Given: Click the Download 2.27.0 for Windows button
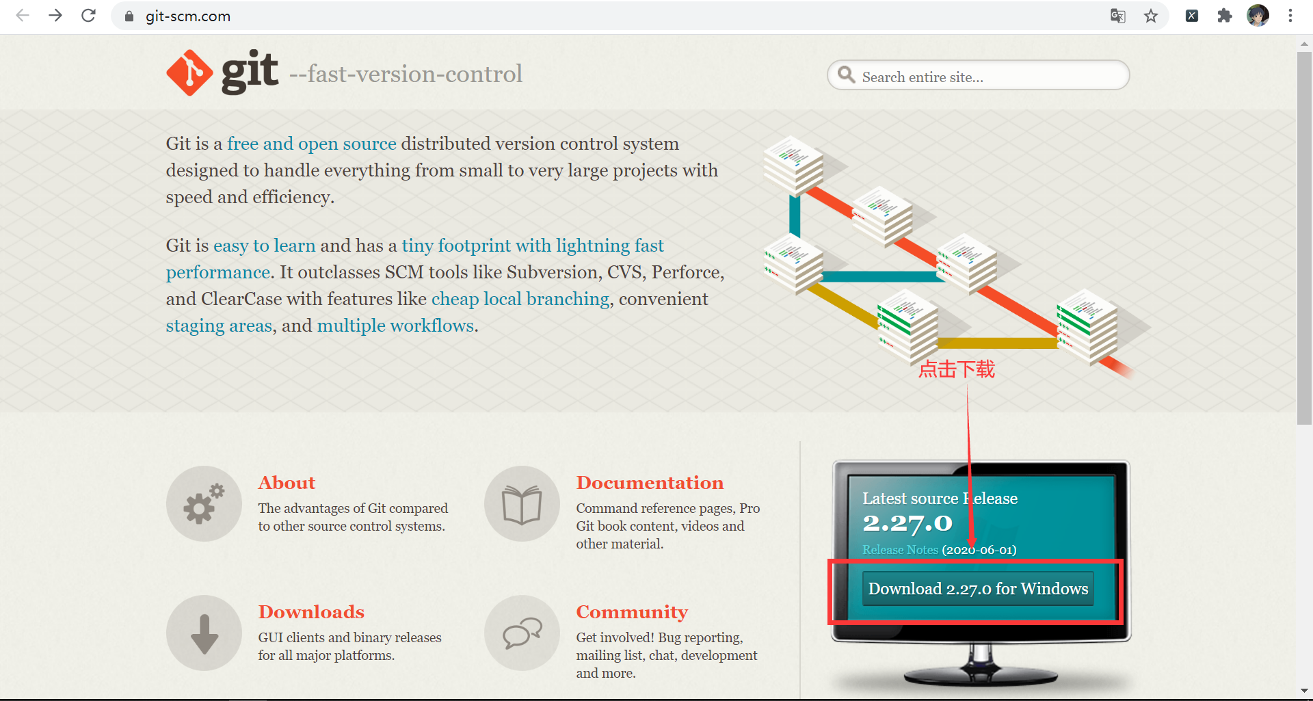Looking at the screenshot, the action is pyautogui.click(x=978, y=589).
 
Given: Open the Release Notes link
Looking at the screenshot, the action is pyautogui.click(x=900, y=550).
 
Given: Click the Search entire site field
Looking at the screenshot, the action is pyautogui.click(x=978, y=75).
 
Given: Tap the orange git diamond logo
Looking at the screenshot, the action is pyautogui.click(x=189, y=72).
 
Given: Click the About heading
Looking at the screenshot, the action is pyautogui.click(x=287, y=483).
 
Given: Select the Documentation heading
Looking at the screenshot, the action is pyautogui.click(x=650, y=483).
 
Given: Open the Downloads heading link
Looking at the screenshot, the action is pyautogui.click(x=311, y=612).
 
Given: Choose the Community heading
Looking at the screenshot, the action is pyautogui.click(x=632, y=612).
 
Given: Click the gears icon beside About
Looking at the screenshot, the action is pyautogui.click(x=204, y=504).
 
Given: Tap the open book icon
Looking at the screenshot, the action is pyautogui.click(x=522, y=504).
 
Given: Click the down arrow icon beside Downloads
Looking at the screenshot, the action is pyautogui.click(x=204, y=633).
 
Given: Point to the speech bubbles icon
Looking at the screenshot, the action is pyautogui.click(x=522, y=633).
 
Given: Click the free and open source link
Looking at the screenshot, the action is pyautogui.click(x=312, y=144).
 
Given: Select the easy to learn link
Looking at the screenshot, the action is pyautogui.click(x=265, y=246).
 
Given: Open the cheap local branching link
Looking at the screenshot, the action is pyautogui.click(x=520, y=299).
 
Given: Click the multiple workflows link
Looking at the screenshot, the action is pyautogui.click(x=395, y=326).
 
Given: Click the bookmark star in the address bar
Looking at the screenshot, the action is pyautogui.click(x=1151, y=16).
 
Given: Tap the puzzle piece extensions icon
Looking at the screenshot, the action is pyautogui.click(x=1225, y=16).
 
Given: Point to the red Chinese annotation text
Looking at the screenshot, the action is pyautogui.click(x=957, y=369).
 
